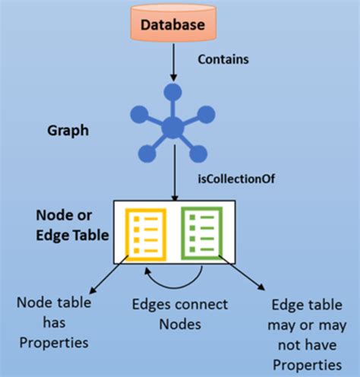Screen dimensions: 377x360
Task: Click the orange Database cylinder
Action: (174, 24)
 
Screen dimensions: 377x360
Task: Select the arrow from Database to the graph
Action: (174, 64)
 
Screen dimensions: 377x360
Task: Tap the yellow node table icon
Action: (144, 232)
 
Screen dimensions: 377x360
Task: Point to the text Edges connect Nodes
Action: (179, 314)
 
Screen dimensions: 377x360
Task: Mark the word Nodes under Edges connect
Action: (179, 324)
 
